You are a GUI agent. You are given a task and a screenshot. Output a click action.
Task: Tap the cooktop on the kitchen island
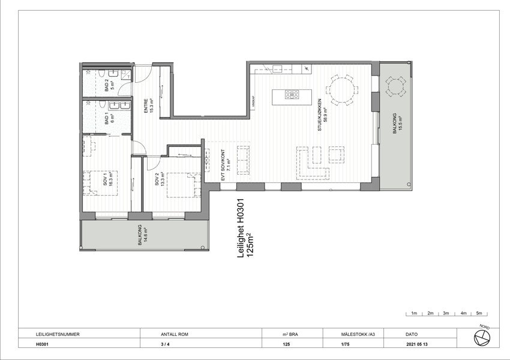tap(293, 94)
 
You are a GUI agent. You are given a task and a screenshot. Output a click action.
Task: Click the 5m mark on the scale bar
tap(479, 313)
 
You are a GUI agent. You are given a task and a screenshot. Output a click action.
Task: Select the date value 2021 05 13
tap(418, 345)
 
